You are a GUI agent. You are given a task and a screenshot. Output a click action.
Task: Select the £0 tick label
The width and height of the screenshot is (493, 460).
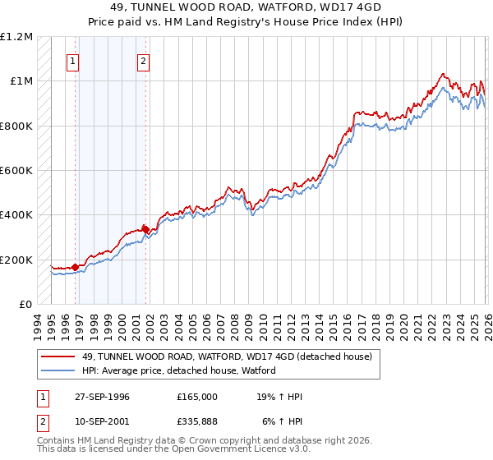[x=25, y=304]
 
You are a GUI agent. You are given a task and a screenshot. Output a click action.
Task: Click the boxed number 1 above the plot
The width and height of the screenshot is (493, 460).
[x=73, y=60]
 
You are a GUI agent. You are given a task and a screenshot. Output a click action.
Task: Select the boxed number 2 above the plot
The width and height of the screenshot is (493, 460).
[x=143, y=60]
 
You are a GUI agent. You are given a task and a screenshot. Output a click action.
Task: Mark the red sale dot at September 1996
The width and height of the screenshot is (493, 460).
[x=75, y=267]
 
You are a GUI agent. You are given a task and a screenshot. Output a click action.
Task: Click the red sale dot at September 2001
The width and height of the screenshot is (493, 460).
[x=145, y=229]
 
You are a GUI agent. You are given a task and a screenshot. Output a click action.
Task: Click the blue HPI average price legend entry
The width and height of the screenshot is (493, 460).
[x=178, y=370]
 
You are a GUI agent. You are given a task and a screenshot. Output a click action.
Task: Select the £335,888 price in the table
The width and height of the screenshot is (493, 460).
[x=197, y=421]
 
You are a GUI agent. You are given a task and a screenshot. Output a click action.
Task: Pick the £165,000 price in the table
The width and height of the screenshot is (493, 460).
[x=197, y=397]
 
